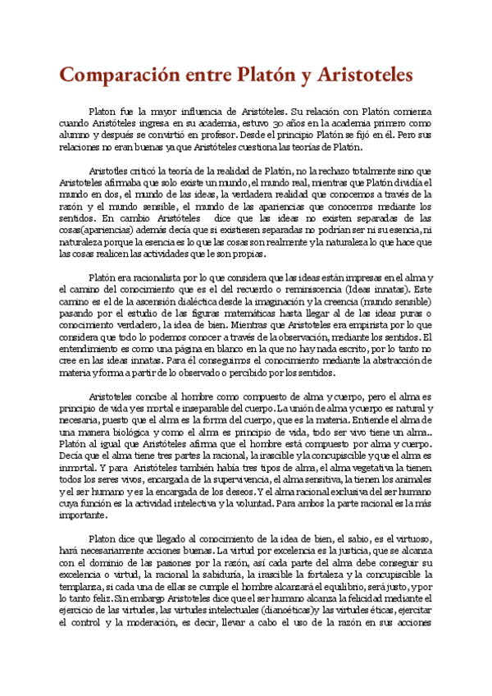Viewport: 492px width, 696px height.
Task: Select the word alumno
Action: pos(75,134)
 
